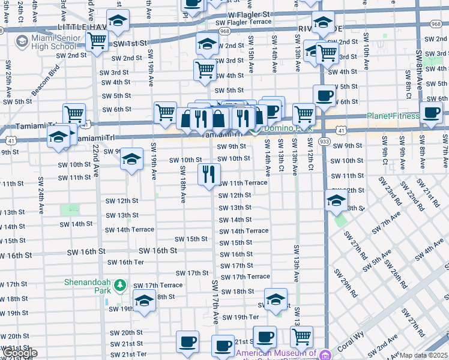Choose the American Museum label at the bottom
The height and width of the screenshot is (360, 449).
point(276,354)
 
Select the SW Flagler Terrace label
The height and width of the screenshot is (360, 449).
point(243,22)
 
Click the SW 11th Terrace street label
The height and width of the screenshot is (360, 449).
point(243,182)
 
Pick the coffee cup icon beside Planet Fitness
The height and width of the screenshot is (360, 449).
point(431,112)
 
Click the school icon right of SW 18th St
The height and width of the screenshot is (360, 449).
point(275,298)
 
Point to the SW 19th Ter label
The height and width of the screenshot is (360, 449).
point(240,317)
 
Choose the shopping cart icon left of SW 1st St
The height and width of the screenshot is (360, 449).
point(96,41)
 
